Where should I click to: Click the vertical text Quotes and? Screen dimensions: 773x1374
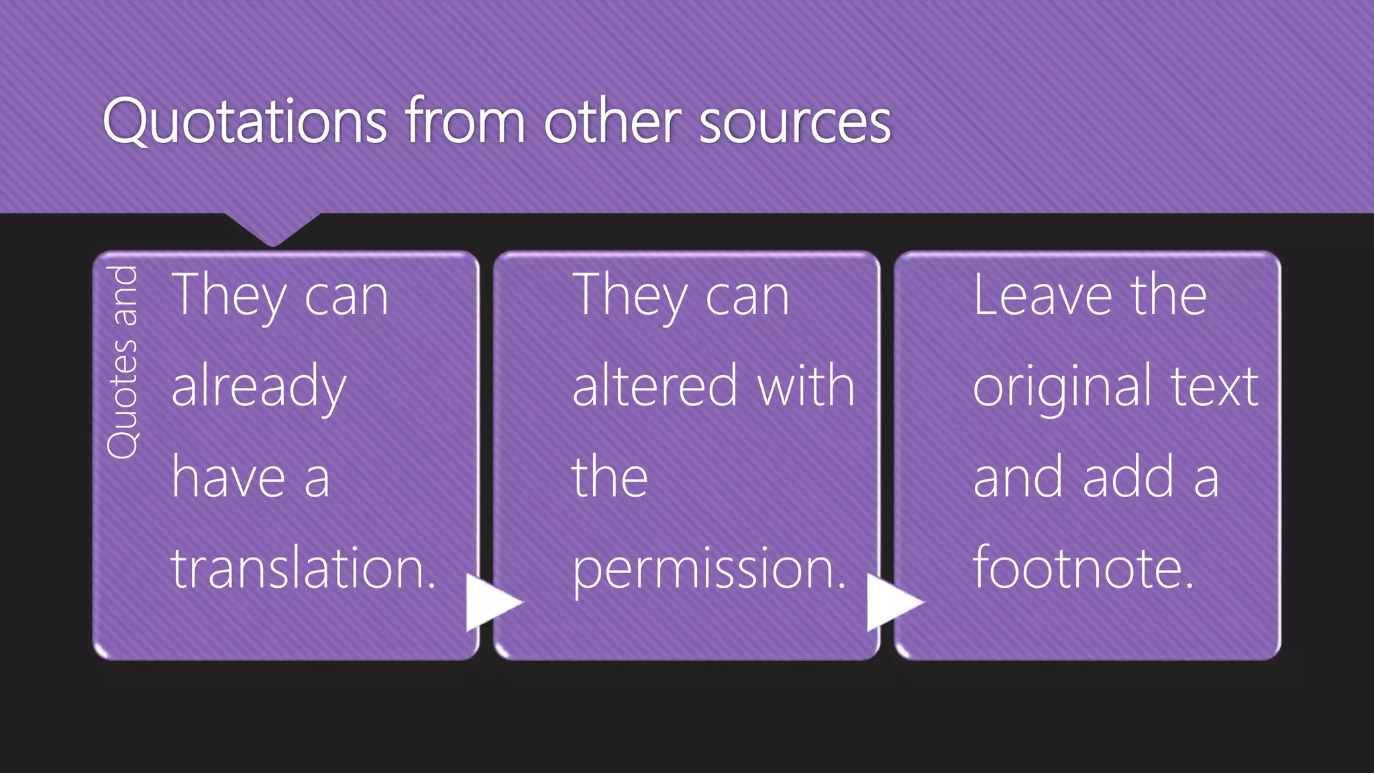[123, 362]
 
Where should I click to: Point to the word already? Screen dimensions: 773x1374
[259, 388]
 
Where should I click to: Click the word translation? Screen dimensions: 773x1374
[303, 568]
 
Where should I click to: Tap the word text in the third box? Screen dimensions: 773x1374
[1214, 388]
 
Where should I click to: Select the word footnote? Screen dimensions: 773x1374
[1084, 568]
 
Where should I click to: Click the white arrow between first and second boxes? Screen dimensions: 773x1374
[492, 602]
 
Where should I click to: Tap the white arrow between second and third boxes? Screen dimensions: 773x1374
[892, 602]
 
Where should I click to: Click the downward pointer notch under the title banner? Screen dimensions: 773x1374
[272, 228]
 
